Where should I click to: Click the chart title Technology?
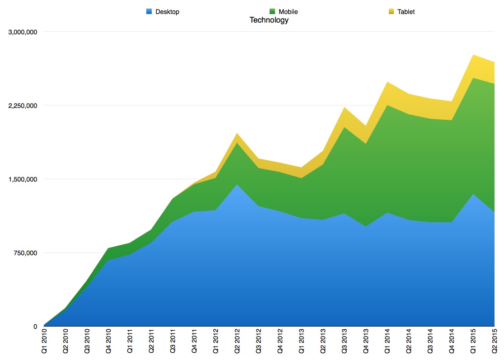(269, 20)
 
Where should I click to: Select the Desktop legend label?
(167, 12)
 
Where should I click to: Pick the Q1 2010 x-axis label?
(44, 343)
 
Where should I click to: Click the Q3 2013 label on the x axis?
(345, 343)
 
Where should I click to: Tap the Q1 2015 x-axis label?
(473, 343)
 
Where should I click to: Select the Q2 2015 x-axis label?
(495, 343)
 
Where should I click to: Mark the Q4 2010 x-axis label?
(109, 343)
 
